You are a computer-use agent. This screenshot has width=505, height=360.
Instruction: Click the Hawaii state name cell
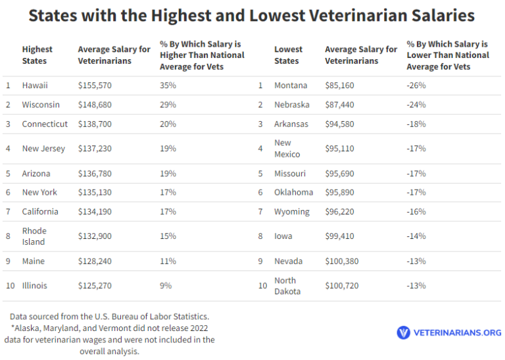35,86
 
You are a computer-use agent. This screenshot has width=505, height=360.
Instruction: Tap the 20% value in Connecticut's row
168,124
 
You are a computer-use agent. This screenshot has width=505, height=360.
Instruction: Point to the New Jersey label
43,149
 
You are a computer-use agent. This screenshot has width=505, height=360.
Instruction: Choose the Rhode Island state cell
34,236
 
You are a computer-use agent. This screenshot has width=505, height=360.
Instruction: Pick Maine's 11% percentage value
168,261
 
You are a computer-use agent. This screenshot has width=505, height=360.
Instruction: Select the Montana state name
291,86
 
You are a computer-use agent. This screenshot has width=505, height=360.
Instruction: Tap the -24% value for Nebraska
416,105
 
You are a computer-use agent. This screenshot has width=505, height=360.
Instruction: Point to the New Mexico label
287,149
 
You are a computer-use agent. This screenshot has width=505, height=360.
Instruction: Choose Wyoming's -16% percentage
416,212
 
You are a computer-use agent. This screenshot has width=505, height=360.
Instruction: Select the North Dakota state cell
287,286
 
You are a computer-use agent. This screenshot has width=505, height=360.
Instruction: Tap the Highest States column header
37,55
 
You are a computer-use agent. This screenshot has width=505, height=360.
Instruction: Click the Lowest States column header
289,55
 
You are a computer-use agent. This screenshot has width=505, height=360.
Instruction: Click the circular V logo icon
403,332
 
